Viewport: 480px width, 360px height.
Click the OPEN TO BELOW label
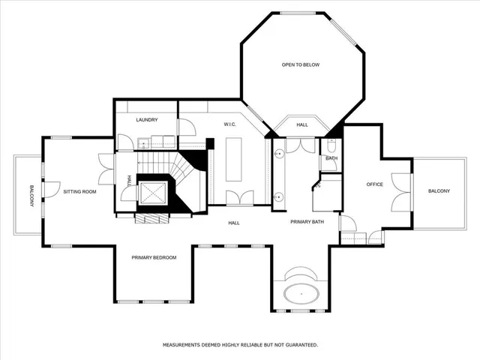point(300,65)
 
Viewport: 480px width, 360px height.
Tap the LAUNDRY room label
point(146,120)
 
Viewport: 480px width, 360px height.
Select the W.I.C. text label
point(230,124)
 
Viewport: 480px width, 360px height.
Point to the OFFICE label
point(374,184)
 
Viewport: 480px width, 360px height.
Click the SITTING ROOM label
point(79,192)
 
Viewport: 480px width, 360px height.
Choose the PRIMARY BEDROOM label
point(154,257)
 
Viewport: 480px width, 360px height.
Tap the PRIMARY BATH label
point(307,222)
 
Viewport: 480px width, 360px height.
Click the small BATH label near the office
point(331,158)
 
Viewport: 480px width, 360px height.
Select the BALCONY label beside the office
point(439,191)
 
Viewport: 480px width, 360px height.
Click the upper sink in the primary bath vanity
point(278,153)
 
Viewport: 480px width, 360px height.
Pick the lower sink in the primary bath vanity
point(278,197)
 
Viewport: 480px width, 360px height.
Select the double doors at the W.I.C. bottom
point(240,197)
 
